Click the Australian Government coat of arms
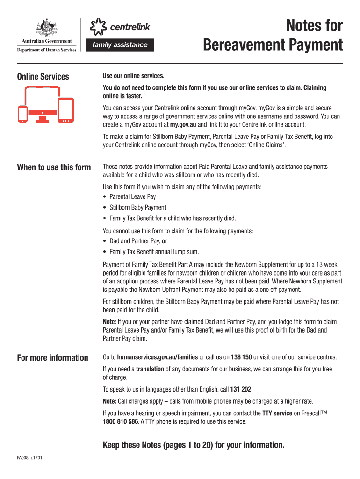click(x=46, y=28)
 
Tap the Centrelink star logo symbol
click(x=97, y=27)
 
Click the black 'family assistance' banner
click(x=119, y=45)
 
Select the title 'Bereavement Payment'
click(x=273, y=45)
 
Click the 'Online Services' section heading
click(x=43, y=77)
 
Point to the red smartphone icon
click(x=22, y=113)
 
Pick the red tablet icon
click(x=66, y=110)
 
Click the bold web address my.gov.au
click(x=183, y=125)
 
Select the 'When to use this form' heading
click(x=54, y=167)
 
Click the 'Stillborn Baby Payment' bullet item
click(x=137, y=207)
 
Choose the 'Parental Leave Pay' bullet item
click(x=133, y=197)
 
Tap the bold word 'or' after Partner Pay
click(x=165, y=241)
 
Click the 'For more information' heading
click(x=52, y=358)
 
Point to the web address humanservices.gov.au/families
click(x=158, y=357)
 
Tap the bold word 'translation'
click(x=150, y=369)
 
